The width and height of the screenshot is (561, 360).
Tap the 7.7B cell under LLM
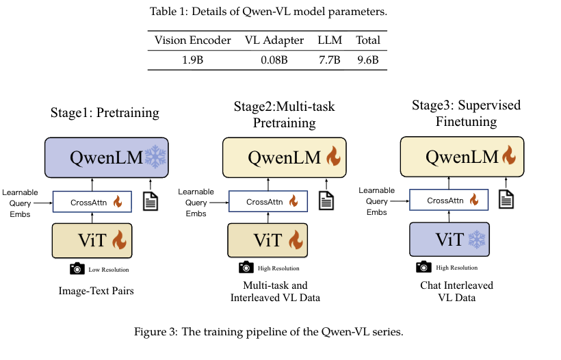(329, 60)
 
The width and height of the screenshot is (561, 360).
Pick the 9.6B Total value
(367, 60)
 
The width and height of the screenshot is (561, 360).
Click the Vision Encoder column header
(194, 40)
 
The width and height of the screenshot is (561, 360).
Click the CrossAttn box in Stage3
(446, 201)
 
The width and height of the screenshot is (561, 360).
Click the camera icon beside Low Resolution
(77, 269)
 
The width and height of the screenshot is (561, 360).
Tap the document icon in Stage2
(327, 200)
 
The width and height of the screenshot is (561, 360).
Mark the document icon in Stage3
(506, 198)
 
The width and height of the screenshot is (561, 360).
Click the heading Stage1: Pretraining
(104, 112)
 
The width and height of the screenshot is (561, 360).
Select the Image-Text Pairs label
(96, 291)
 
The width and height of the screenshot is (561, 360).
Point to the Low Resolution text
(108, 270)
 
